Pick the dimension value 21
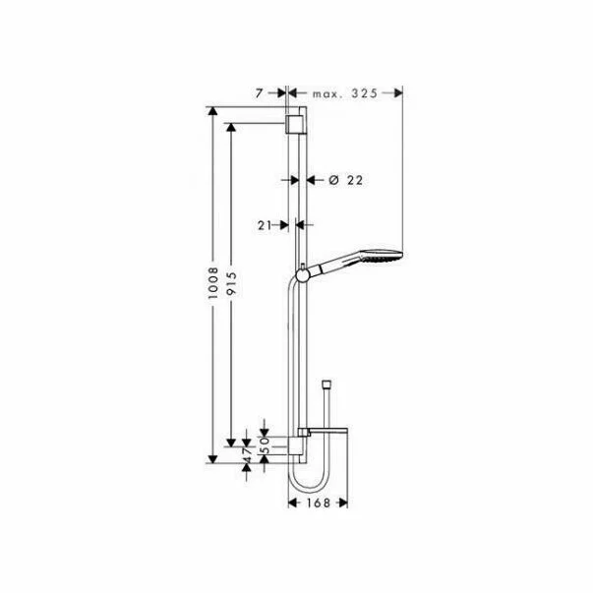tap(265, 225)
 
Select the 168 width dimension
tap(317, 501)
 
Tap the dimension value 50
tap(264, 443)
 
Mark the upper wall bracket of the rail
tap(292, 123)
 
